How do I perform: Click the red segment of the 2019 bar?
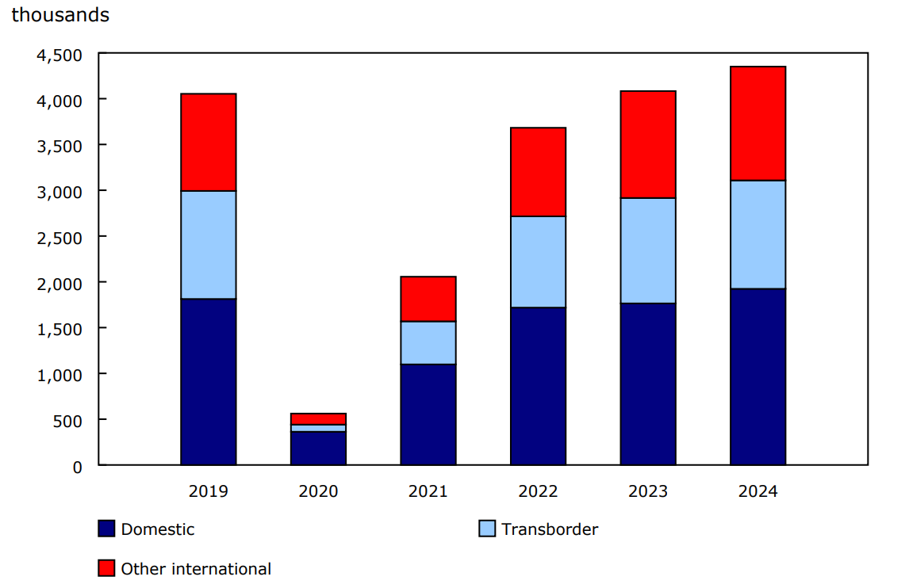coord(209,143)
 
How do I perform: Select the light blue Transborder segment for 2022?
coord(538,262)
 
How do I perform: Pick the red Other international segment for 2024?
coord(757,124)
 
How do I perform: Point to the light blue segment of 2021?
coord(428,342)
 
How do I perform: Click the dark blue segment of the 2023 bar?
coord(648,384)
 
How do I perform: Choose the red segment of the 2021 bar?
coord(428,299)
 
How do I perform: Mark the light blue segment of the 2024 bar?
coord(757,235)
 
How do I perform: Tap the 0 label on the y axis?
coord(77,466)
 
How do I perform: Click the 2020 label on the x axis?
coord(318,491)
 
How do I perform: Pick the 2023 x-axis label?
coord(648,491)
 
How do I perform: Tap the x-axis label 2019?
coord(209,491)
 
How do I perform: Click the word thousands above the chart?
coord(60,15)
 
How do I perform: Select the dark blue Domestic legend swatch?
coord(106,529)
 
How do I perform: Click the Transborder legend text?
coord(550,529)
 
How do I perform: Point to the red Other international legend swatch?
coord(106,568)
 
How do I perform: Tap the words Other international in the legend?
coord(196,569)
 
